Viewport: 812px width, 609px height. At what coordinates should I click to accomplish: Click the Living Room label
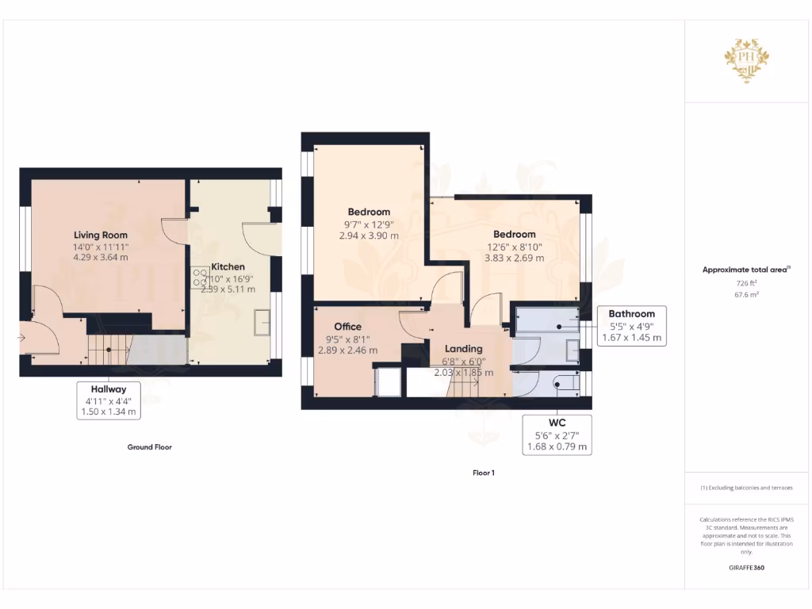(100, 235)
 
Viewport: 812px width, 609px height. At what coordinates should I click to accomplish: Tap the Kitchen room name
(228, 266)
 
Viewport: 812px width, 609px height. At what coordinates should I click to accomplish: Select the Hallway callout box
(109, 400)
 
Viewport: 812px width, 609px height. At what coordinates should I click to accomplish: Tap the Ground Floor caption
(149, 447)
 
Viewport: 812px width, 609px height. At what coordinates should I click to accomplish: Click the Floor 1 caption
(483, 473)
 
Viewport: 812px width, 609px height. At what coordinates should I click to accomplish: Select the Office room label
(347, 327)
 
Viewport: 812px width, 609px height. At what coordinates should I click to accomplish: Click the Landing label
(464, 349)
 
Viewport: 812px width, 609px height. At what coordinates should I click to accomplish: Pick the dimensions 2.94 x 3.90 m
(369, 236)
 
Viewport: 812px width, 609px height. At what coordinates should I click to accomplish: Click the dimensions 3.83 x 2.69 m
(514, 258)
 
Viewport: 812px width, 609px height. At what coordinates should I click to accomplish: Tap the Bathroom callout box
(631, 325)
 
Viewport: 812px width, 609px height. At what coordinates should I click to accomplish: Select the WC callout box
(557, 435)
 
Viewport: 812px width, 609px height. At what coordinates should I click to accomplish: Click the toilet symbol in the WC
(561, 384)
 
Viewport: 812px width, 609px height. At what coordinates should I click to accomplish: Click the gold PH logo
(745, 59)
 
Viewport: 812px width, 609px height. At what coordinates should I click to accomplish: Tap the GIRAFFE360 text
(745, 568)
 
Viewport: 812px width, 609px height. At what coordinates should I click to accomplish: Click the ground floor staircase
(108, 347)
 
